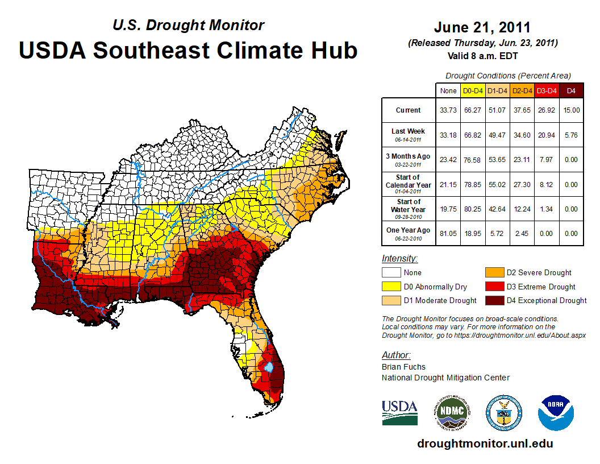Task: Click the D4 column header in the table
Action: (x=571, y=90)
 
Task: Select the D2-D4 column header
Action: (x=522, y=90)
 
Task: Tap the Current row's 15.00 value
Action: (x=571, y=110)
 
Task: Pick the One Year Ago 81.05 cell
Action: (x=448, y=233)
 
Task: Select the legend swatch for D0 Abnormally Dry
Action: (x=391, y=287)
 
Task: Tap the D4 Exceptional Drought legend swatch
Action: (x=494, y=300)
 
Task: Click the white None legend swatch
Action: (x=391, y=273)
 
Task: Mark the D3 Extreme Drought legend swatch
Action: (x=494, y=287)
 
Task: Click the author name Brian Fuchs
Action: (x=403, y=367)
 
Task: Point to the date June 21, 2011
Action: (x=482, y=27)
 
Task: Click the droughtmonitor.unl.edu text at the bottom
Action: (x=485, y=444)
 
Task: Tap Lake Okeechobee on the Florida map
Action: (x=269, y=367)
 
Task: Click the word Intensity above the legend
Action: (x=399, y=259)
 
